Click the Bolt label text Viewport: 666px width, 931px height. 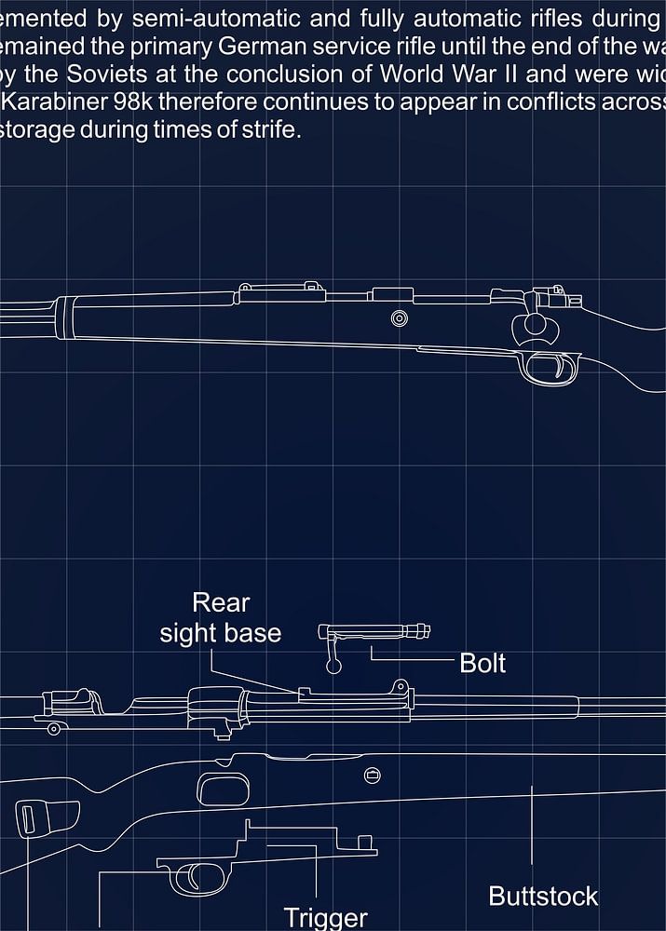click(483, 664)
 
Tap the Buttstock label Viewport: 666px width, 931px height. click(542, 897)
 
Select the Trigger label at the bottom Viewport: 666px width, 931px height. click(325, 918)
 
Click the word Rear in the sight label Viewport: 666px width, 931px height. click(221, 602)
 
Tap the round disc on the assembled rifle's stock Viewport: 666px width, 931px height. click(400, 318)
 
